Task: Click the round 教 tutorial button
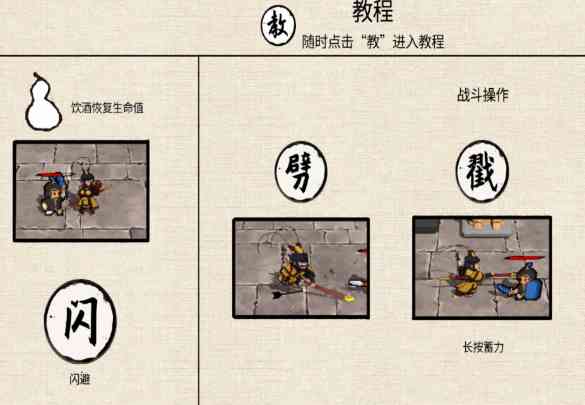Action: point(278,25)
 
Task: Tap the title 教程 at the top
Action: point(373,11)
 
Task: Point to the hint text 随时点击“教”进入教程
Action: point(373,41)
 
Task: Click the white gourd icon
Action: point(43,102)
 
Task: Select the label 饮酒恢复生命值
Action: point(107,108)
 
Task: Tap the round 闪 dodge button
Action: point(80,321)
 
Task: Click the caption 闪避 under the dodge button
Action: point(80,379)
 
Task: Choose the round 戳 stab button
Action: point(482,171)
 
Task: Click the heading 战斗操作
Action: point(483,95)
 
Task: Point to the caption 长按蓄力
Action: point(483,347)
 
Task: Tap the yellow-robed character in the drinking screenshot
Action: point(89,191)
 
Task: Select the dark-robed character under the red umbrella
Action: point(52,196)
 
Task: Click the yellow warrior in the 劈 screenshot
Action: point(297,266)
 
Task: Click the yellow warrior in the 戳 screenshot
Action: point(469,274)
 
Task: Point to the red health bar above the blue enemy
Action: point(524,258)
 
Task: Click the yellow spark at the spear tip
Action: point(348,298)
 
